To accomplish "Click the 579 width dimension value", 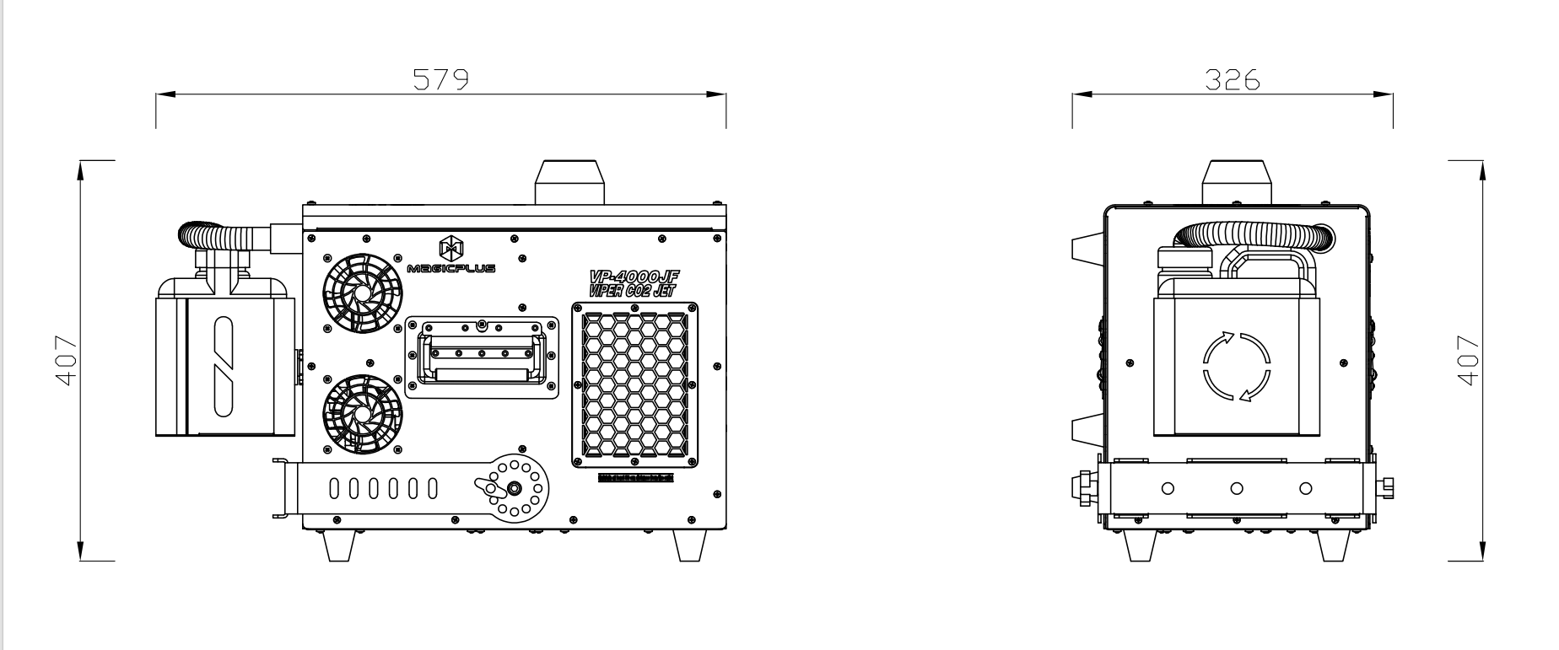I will pyautogui.click(x=440, y=79).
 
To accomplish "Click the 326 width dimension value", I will pyautogui.click(x=1232, y=79).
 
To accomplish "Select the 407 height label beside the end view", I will pyautogui.click(x=1469, y=360).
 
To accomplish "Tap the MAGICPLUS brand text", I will pyautogui.click(x=452, y=269).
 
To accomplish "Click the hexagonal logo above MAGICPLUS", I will pyautogui.click(x=451, y=248).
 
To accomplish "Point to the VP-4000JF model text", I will pyautogui.click(x=634, y=277).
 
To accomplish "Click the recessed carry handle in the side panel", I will pyautogui.click(x=482, y=357).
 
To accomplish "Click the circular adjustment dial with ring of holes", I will pyautogui.click(x=511, y=488).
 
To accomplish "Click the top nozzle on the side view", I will pyautogui.click(x=570, y=182).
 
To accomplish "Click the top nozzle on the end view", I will pyautogui.click(x=1237, y=182).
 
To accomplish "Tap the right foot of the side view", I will pyautogui.click(x=689, y=545).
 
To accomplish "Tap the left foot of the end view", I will pyautogui.click(x=1141, y=545).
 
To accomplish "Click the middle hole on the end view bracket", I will pyautogui.click(x=1237, y=488).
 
